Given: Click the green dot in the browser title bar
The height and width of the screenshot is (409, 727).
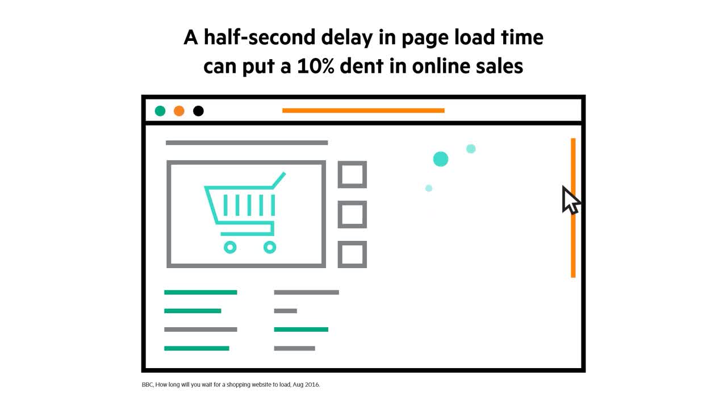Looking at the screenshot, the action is coord(160,111).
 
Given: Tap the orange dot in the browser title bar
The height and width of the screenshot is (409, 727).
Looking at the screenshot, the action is coord(179,111).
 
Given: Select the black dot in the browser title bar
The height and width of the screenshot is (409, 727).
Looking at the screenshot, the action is coord(198,111).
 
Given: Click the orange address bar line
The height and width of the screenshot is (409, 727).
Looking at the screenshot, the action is coord(363,111).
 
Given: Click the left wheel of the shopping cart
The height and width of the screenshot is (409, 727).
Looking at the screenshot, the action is coord(230,247).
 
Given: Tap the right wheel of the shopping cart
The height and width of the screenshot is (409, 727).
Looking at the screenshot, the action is coord(270,247).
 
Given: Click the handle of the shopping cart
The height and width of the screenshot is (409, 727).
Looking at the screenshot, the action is coord(279,180).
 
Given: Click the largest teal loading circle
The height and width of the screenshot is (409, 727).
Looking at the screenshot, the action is coord(441,159).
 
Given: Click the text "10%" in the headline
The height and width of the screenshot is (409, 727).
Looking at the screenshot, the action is coord(315,66).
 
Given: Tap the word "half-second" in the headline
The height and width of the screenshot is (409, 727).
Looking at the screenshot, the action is coord(260,37).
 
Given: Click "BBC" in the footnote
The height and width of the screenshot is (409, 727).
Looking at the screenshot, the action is coord(147,385).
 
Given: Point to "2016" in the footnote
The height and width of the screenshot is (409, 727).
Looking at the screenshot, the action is coord(312,385).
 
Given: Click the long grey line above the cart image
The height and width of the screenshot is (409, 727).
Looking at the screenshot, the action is coord(246,143).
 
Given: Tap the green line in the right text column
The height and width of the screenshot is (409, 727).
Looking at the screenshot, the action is coord(301,329).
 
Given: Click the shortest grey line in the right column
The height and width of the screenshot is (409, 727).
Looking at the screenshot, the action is coord(286,311).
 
